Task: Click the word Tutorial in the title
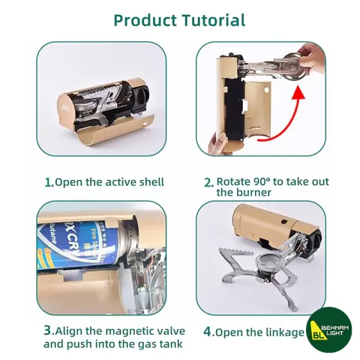(213, 20)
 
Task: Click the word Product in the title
(145, 21)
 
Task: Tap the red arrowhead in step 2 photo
(298, 93)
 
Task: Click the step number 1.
(49, 183)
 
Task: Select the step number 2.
(209, 183)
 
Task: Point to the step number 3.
(48, 331)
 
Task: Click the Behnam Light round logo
(329, 330)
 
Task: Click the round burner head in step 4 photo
(270, 262)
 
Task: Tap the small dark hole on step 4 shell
(284, 222)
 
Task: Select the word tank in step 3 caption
(171, 344)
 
